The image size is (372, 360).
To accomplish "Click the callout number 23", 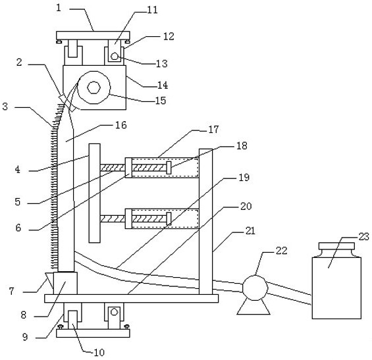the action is [363, 237].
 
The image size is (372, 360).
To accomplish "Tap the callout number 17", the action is [213, 129].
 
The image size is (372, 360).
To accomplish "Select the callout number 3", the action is [5, 107].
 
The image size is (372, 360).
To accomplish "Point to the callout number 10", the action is [99, 353].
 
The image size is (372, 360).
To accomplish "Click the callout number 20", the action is [246, 206].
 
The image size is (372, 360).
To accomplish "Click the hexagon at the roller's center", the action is [94, 88].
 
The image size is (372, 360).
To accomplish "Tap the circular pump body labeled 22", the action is [255, 288].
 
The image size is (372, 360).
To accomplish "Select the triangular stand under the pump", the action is [253, 307].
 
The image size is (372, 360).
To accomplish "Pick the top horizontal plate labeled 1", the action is [93, 36].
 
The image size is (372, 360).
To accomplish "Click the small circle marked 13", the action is [115, 57].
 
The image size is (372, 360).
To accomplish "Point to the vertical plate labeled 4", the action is [94, 193].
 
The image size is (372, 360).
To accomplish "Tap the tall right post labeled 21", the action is [205, 222].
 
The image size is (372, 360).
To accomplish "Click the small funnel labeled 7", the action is [49, 280].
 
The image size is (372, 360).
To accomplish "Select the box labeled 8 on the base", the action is [65, 283].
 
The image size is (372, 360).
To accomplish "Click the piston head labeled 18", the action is [169, 167].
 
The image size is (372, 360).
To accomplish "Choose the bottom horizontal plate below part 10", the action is [93, 333].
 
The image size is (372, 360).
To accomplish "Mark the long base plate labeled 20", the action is [132, 299].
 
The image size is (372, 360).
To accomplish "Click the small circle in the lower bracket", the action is [115, 311].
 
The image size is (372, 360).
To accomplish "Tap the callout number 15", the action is [161, 101].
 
